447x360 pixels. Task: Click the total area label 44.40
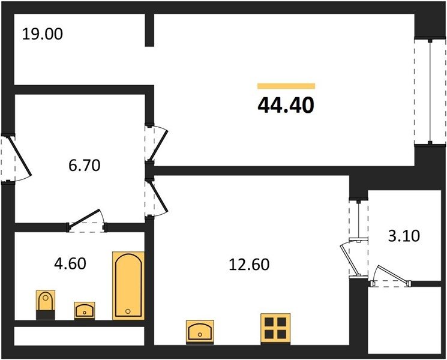click(286, 105)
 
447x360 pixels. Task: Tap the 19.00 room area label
click(42, 34)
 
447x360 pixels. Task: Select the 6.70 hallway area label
click(85, 166)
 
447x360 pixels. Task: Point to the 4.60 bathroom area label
click(70, 263)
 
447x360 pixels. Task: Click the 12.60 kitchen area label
click(249, 265)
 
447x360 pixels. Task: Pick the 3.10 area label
click(404, 236)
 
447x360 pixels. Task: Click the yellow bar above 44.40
click(286, 86)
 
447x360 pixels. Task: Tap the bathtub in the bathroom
click(128, 286)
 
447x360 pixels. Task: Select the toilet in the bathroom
click(46, 304)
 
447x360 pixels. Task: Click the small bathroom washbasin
click(85, 310)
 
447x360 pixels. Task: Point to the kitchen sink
click(200, 332)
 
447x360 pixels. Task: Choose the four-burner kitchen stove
click(275, 329)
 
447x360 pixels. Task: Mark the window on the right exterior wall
click(430, 92)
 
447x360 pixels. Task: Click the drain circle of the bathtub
click(128, 311)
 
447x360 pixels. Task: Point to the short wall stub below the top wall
click(149, 29)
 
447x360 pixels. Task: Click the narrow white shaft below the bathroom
click(79, 336)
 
